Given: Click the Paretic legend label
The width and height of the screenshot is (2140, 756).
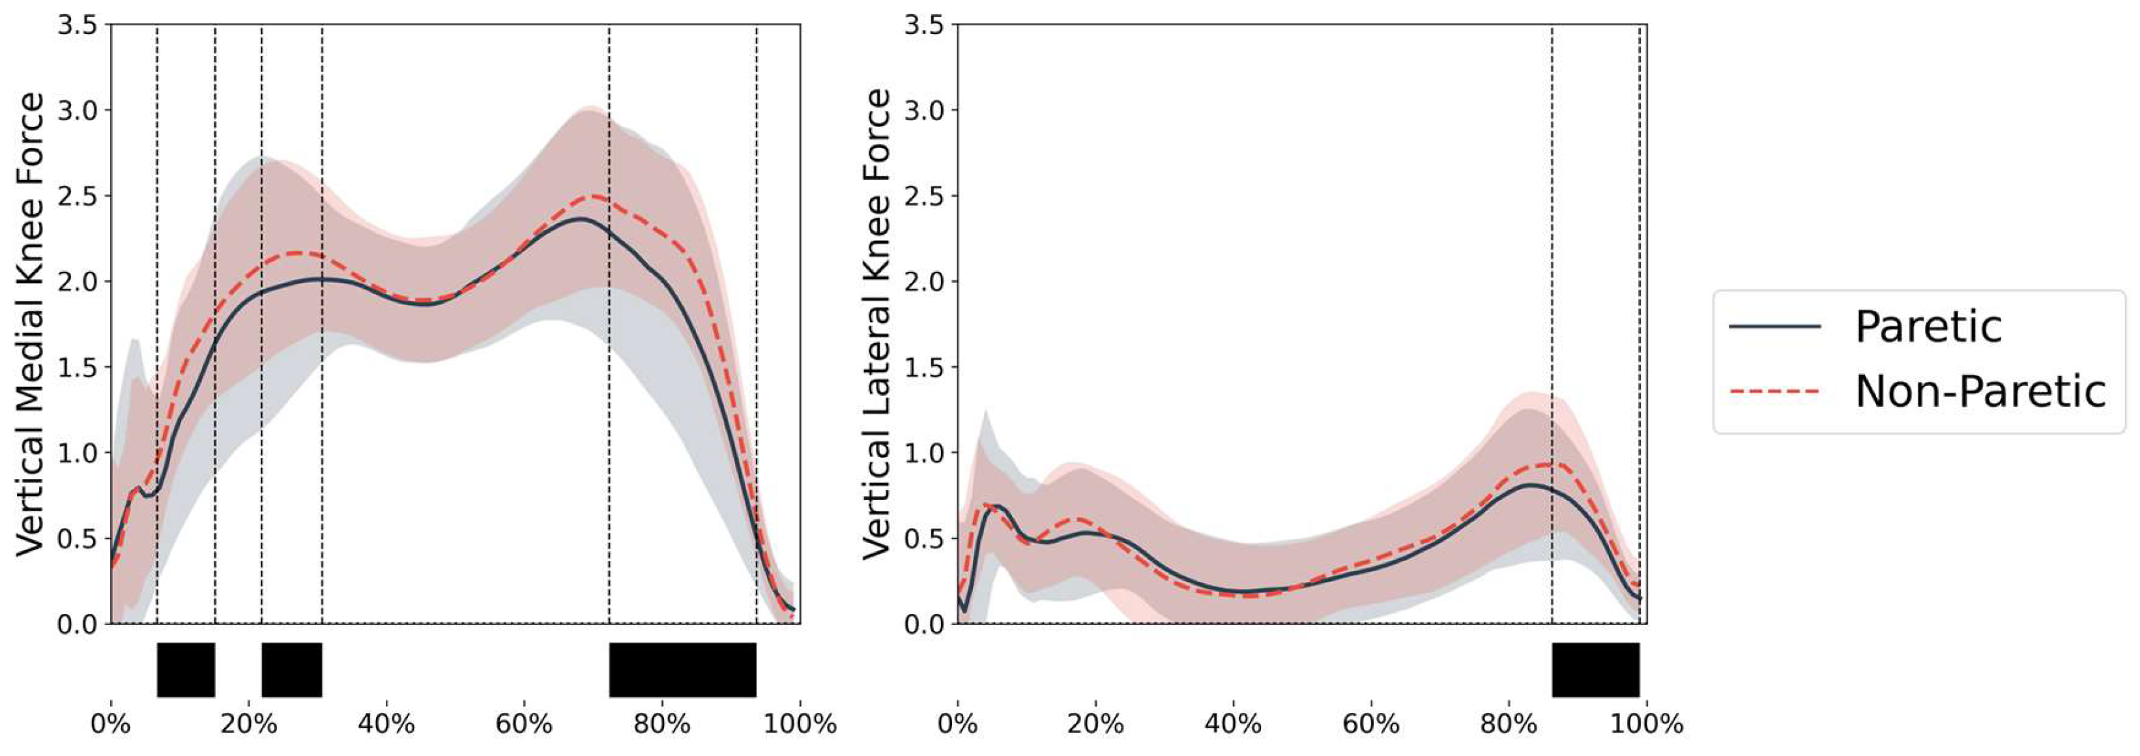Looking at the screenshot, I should pyautogui.click(x=1928, y=327).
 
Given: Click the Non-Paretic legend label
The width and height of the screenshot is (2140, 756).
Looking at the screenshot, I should pyautogui.click(x=1980, y=391).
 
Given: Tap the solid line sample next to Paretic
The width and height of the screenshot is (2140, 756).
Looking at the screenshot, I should pyautogui.click(x=1774, y=327).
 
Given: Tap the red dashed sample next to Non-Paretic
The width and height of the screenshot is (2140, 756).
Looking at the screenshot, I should pyautogui.click(x=1774, y=391).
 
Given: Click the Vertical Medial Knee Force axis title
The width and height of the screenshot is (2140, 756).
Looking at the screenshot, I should pyautogui.click(x=31, y=324).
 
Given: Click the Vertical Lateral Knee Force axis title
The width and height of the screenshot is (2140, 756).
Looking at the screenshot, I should pyautogui.click(x=877, y=324).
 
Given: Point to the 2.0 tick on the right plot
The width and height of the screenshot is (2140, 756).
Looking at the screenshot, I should pyautogui.click(x=924, y=282).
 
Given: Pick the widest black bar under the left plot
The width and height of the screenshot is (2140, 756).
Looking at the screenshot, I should pyautogui.click(x=682, y=669).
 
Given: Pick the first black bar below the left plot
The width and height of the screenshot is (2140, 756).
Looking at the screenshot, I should pyautogui.click(x=186, y=669).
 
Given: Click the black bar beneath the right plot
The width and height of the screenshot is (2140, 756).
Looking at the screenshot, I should pyautogui.click(x=1595, y=669).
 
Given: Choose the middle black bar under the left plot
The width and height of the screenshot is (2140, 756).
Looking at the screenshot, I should pyautogui.click(x=291, y=669).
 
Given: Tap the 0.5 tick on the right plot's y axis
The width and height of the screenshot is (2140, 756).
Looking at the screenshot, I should pyautogui.click(x=924, y=538).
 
